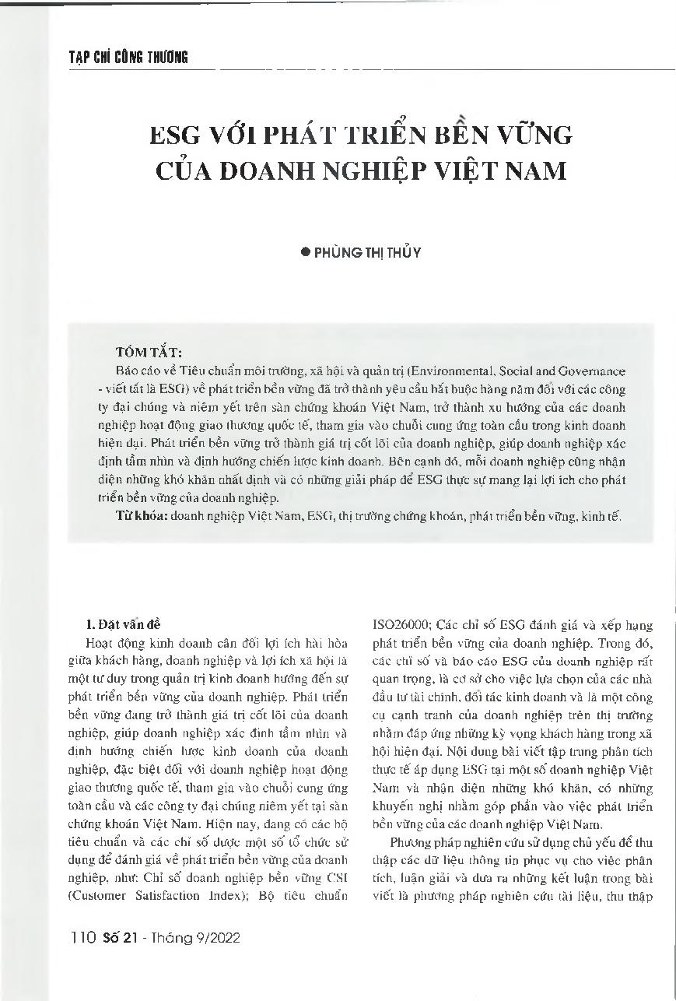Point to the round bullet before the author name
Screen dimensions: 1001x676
coord(306,252)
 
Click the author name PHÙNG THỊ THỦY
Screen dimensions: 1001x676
coord(367,252)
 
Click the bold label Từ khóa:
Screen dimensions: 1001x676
coord(142,515)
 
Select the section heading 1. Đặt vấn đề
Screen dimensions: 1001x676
coord(123,624)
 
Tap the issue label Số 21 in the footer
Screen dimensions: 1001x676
coord(119,939)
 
